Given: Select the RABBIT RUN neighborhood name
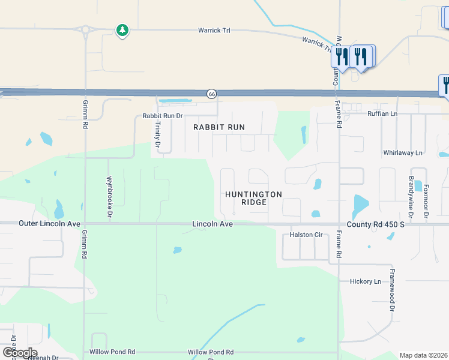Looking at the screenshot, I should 219,128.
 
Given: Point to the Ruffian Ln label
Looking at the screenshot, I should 382,113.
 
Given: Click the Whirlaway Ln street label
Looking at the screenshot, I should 406,153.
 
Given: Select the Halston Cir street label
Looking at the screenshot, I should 306,235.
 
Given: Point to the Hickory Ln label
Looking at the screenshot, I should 366,281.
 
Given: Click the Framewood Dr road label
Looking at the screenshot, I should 392,290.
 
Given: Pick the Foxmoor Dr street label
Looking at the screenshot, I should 426,200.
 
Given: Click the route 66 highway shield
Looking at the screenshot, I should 212,94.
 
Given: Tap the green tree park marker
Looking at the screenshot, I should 122,30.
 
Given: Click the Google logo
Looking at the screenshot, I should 20,353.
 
